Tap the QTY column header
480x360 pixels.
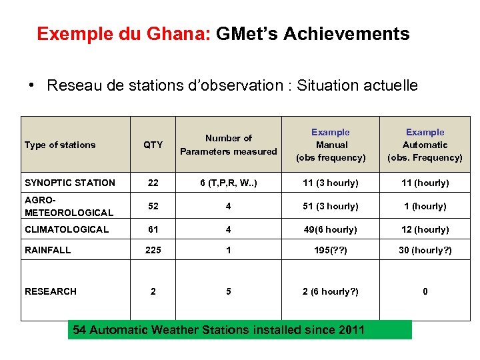click(153, 145)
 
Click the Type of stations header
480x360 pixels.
click(60, 145)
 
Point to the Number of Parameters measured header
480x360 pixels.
click(228, 145)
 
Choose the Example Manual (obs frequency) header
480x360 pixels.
click(331, 145)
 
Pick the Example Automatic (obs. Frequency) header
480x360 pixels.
click(425, 145)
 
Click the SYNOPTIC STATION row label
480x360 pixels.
click(70, 183)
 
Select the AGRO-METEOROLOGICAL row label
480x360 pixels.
click(69, 206)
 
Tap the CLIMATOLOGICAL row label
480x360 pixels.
click(67, 229)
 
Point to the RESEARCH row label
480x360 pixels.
click(51, 291)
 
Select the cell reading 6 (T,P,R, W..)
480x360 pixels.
click(228, 183)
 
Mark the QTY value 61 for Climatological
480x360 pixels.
click(153, 229)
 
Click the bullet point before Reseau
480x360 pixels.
click(31, 85)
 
